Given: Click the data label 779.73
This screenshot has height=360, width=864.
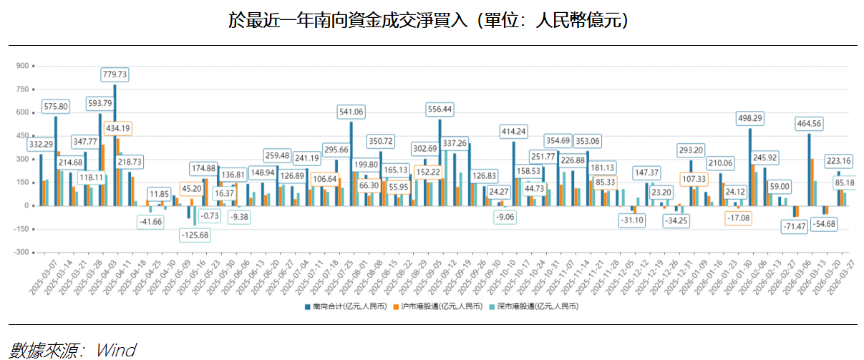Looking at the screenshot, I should point(115,74).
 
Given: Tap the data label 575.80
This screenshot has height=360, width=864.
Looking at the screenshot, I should point(56,106).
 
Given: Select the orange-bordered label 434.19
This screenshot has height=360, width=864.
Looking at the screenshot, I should point(117,128).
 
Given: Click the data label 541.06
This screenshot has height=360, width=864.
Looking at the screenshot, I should point(351,112).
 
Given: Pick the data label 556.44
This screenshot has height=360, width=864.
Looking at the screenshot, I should point(440,110).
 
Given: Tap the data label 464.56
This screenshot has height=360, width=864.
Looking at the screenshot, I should point(809,123).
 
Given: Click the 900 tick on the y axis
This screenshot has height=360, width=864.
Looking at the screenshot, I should point(21,66).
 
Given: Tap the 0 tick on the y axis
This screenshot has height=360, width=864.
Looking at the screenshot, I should point(25,206).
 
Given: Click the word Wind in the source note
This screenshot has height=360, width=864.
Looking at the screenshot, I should point(117,350).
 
